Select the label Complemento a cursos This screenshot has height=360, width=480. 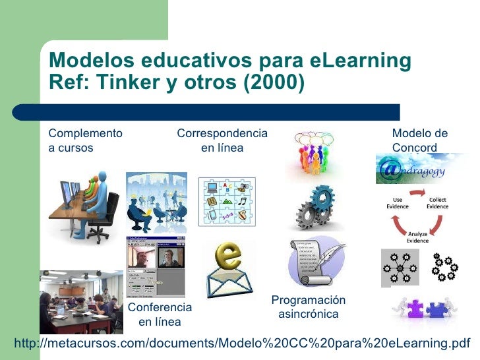click(85, 140)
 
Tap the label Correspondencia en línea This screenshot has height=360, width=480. click(222, 140)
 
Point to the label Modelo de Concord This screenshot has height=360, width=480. click(420, 140)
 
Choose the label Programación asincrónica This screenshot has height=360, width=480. click(308, 307)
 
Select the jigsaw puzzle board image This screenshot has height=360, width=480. click(226, 202)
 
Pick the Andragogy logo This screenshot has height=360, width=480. click(423, 169)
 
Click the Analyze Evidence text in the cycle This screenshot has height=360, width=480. click(417, 237)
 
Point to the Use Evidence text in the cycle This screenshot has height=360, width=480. click(398, 202)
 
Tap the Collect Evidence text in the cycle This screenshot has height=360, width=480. click(437, 202)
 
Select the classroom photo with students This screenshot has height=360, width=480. click(81, 301)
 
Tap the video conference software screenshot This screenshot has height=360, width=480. click(155, 264)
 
